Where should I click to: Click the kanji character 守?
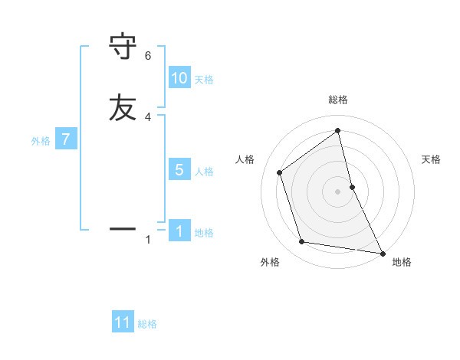point(123,47)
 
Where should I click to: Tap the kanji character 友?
point(123,107)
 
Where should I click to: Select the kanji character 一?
point(123,228)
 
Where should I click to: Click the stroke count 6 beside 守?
point(148,56)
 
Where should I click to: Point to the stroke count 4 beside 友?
point(148,116)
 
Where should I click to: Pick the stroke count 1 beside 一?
point(148,240)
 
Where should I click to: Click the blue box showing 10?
point(179,78)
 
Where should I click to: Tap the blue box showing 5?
point(179,170)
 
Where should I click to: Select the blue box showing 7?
point(66,139)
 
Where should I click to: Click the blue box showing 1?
point(179,231)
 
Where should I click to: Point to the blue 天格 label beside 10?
point(204,80)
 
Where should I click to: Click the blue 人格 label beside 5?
point(204,172)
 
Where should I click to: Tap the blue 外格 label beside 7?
point(41,141)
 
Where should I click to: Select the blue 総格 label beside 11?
point(147,324)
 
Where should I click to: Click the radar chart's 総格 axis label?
point(337,100)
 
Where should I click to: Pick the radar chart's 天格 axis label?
point(432,159)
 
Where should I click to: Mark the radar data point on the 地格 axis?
point(382,253)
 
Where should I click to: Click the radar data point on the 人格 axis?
point(280,172)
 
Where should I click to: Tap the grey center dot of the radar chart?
point(337,191)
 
